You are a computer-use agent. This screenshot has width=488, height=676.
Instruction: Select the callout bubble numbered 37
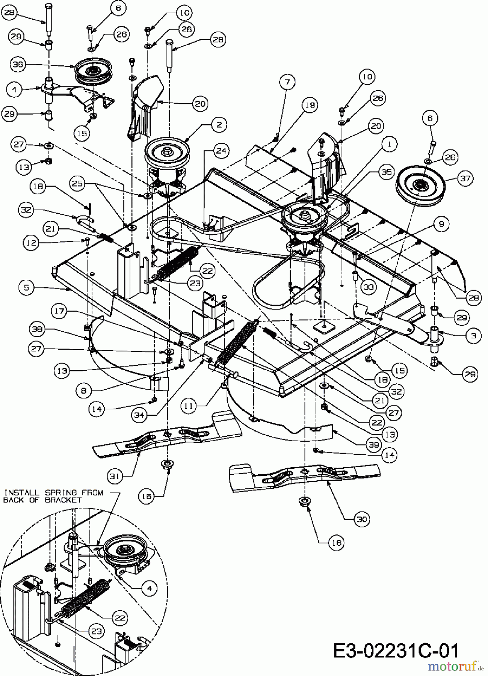[x=465, y=178]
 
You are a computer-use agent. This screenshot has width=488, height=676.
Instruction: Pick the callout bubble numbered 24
[x=221, y=151]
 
